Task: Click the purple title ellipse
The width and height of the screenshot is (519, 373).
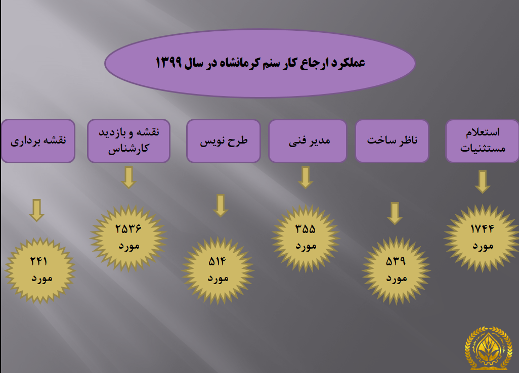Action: (x=260, y=63)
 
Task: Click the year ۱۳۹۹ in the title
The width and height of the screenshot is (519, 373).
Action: (x=168, y=62)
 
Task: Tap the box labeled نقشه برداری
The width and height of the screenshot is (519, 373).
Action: (x=38, y=141)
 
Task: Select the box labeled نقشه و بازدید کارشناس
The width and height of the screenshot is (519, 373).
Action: (x=129, y=141)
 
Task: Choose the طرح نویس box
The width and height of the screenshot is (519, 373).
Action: (x=224, y=141)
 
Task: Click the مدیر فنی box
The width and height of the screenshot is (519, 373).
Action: (x=308, y=141)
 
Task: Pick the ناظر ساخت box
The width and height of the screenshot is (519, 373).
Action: (x=392, y=141)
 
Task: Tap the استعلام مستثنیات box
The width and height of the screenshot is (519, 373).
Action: (x=482, y=141)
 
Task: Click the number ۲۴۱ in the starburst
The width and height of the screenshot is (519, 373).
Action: (x=39, y=261)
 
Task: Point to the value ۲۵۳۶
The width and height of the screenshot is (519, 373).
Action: (x=128, y=228)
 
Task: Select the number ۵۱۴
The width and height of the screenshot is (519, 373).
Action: (x=217, y=262)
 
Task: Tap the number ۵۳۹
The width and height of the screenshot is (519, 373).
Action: (x=396, y=261)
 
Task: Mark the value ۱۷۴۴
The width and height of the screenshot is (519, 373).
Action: (x=482, y=228)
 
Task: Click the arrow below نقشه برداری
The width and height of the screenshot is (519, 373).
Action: (x=37, y=210)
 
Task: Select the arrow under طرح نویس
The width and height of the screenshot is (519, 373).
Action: (x=221, y=206)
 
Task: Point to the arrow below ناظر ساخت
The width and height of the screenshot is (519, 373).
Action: (x=395, y=214)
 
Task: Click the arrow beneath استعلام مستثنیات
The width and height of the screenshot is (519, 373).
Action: (x=483, y=182)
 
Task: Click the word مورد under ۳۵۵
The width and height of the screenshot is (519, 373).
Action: (x=306, y=246)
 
